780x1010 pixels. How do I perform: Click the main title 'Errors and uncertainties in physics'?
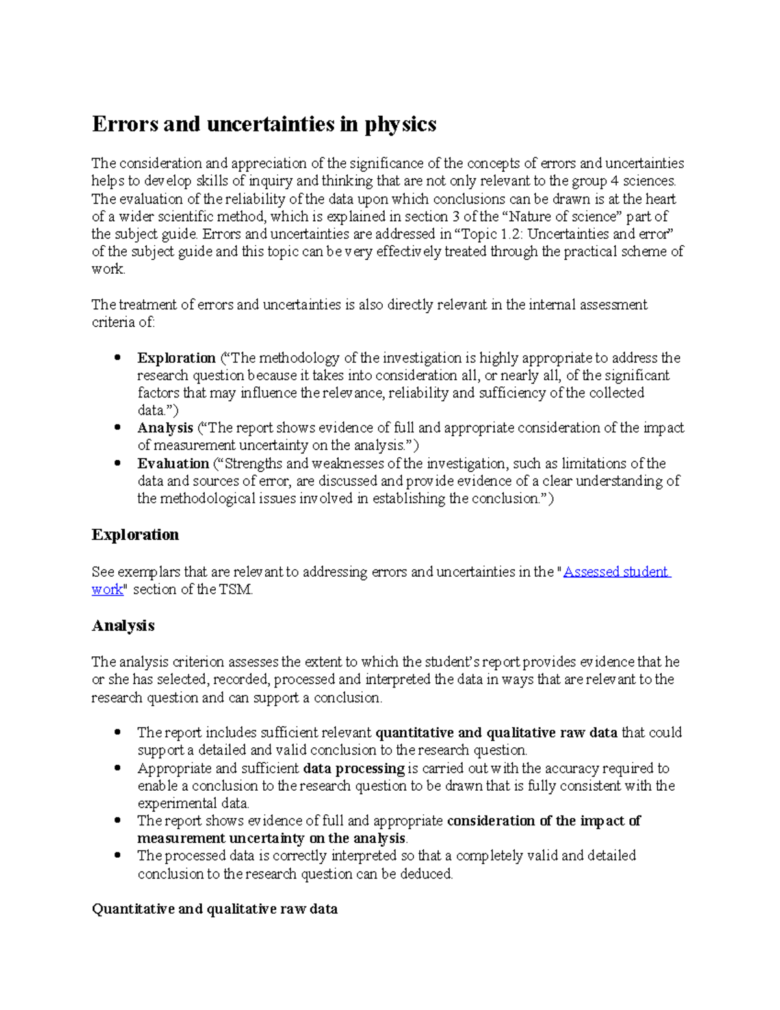(x=264, y=124)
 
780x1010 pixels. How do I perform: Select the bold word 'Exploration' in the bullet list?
(x=176, y=358)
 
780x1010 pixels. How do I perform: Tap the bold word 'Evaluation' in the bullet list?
(x=173, y=464)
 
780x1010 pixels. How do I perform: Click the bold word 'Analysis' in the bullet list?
(x=165, y=428)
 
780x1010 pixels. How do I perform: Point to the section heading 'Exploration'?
(x=135, y=535)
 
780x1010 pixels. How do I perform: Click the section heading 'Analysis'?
(x=123, y=626)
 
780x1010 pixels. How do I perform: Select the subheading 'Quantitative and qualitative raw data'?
(x=214, y=909)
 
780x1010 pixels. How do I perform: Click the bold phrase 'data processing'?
(x=354, y=768)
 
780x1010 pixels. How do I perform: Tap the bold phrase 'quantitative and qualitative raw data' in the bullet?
(x=497, y=733)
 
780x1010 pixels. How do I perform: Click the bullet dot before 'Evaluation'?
(x=118, y=464)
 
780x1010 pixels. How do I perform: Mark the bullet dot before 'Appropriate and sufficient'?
(x=118, y=768)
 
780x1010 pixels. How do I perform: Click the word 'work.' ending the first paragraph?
(x=108, y=269)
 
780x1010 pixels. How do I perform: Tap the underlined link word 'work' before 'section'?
(x=107, y=590)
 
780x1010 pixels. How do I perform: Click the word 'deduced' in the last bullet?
(x=429, y=874)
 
